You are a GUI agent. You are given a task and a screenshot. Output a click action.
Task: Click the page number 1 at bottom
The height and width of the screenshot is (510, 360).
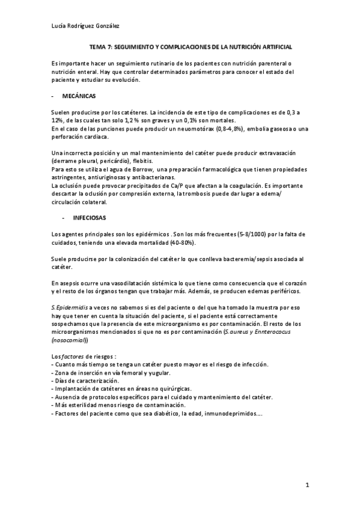[307, 486]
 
